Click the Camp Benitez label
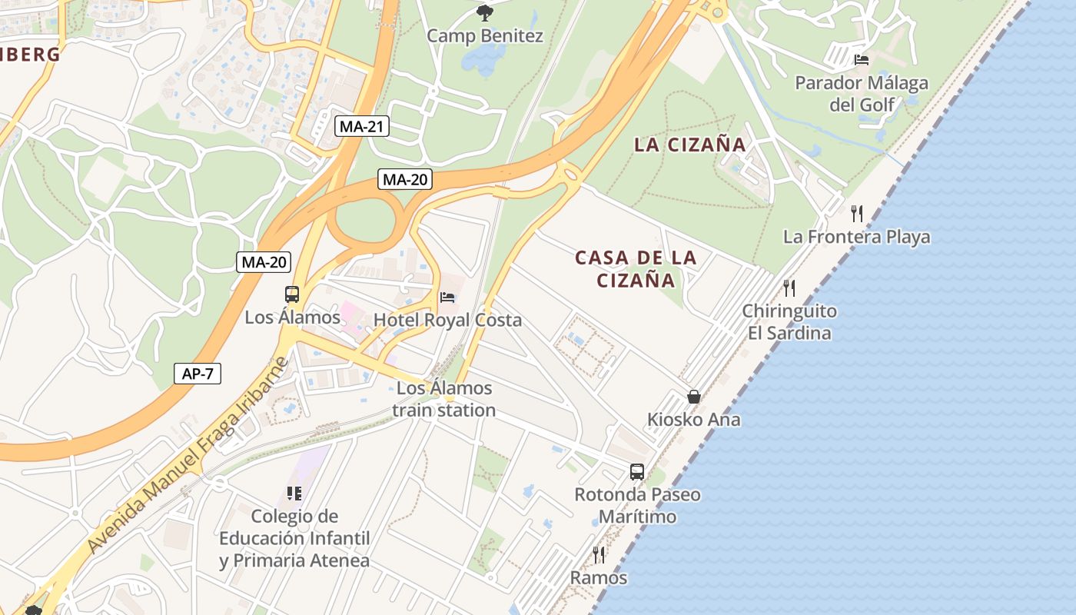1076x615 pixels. point(484,36)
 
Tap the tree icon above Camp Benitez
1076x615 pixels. point(484,12)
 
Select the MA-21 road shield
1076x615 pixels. point(362,127)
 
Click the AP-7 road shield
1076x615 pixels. point(198,374)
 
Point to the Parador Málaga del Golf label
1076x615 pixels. point(862,93)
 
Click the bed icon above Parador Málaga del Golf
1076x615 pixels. point(862,59)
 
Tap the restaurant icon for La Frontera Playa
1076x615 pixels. point(857,213)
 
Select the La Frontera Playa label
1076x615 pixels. point(856,237)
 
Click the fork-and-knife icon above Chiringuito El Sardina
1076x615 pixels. point(789,288)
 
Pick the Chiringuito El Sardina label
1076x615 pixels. point(789,322)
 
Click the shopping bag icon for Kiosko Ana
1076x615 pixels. point(694,397)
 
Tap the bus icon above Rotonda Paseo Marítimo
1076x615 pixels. point(637,472)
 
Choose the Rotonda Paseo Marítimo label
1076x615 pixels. point(637,505)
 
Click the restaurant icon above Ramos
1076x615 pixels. point(599,554)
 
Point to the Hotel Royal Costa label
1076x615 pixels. point(447,320)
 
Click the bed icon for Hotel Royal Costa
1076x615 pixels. point(447,298)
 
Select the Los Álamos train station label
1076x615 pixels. point(443,399)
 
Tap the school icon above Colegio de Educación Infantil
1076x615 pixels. point(294,493)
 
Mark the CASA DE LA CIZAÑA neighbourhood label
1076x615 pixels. point(636,268)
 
